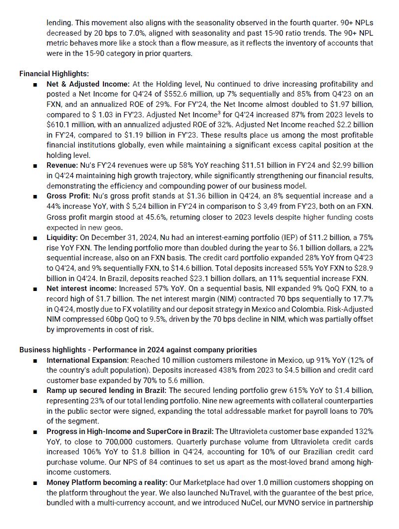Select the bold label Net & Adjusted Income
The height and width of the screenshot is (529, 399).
pos(88,84)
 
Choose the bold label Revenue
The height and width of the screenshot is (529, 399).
pos(61,165)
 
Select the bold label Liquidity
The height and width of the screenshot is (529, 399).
pos(62,238)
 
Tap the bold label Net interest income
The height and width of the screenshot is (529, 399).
pos(79,289)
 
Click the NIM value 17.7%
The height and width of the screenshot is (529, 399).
pos(363,299)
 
